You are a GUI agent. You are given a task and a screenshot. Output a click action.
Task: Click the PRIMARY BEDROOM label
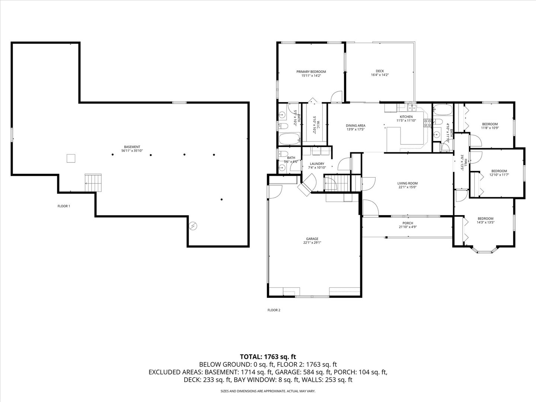(x=311, y=73)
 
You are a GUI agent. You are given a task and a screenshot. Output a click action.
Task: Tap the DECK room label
(x=380, y=73)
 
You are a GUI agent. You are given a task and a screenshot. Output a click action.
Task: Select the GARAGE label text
(x=312, y=240)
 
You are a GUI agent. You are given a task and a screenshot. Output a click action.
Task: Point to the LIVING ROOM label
(x=407, y=185)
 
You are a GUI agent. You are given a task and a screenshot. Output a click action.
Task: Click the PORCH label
(x=408, y=225)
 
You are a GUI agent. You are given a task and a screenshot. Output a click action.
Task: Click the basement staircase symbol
(x=93, y=182)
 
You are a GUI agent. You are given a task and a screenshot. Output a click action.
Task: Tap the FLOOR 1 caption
(x=64, y=206)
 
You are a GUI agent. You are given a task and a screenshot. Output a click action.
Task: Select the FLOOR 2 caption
(x=274, y=310)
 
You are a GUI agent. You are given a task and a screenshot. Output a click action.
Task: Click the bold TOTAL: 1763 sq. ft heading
(x=268, y=357)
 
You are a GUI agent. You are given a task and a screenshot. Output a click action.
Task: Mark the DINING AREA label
(x=355, y=127)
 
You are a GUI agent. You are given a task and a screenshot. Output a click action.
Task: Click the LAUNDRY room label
(x=317, y=166)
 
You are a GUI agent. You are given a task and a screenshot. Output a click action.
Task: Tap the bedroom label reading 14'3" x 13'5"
(x=485, y=220)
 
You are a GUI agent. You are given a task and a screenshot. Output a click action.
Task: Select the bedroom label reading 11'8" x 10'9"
(x=490, y=126)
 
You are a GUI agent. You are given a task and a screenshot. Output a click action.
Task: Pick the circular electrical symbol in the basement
(x=193, y=226)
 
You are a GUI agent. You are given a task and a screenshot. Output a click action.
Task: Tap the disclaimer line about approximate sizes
(x=268, y=391)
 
